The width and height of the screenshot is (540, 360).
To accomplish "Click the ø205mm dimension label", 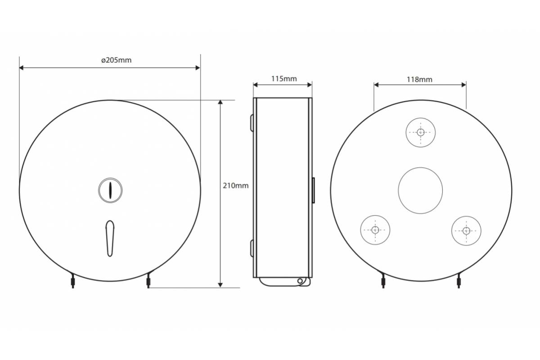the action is pos(116,60).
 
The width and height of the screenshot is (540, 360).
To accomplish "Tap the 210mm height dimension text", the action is pos(235,186).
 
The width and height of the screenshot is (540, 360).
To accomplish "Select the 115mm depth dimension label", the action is pos(284,79).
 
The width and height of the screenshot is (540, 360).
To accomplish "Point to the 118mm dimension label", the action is pos(419,80).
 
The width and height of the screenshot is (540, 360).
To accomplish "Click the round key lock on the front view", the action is pos(110,190).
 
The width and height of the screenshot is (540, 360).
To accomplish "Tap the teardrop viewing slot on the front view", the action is pos(110,238).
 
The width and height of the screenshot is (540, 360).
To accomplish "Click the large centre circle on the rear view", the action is pos(420,190).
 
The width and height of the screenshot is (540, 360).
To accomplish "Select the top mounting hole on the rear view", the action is pos(421,132).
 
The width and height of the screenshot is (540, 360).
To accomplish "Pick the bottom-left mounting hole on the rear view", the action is pos(375,230).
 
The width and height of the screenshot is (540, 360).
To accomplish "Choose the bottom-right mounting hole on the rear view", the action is pos(466,231).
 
